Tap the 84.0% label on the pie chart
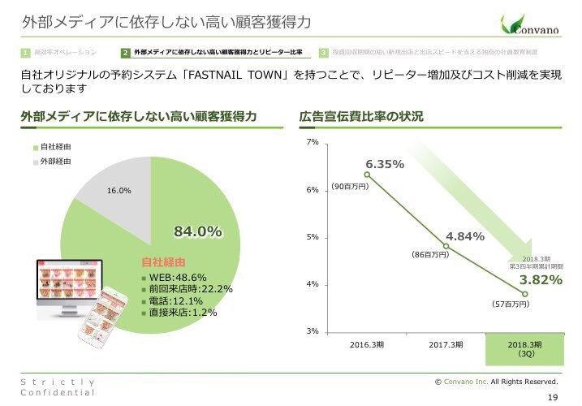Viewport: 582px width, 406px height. click(x=198, y=231)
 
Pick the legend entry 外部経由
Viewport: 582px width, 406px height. click(x=50, y=162)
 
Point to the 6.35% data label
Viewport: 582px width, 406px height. click(x=385, y=164)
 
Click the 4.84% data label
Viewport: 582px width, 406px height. click(x=465, y=236)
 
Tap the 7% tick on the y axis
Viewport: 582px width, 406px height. click(x=313, y=143)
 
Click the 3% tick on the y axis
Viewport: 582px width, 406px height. click(x=313, y=331)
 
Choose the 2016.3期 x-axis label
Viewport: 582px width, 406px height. click(x=367, y=345)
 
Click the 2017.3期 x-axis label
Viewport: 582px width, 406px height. click(x=446, y=345)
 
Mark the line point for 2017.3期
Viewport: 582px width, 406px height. click(x=446, y=246)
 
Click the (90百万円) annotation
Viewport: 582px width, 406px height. click(x=350, y=187)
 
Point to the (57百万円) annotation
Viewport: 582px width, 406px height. click(x=511, y=304)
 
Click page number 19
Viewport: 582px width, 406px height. click(x=554, y=396)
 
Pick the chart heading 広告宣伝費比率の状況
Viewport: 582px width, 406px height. click(x=361, y=116)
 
